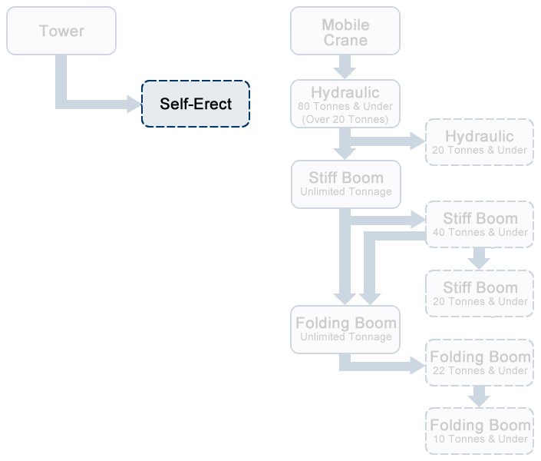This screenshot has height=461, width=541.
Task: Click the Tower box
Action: [x=61, y=31]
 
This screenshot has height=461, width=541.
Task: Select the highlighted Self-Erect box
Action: [x=196, y=104]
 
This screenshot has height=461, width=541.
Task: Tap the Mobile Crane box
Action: [x=345, y=31]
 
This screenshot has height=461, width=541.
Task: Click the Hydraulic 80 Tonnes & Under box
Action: [x=345, y=104]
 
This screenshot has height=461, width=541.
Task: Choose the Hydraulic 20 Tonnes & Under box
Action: [x=480, y=142]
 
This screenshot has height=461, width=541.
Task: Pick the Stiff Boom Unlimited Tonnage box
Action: [x=345, y=184]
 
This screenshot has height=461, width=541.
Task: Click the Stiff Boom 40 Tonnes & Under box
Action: [x=480, y=224]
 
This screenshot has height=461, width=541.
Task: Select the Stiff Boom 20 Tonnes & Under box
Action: [x=480, y=294]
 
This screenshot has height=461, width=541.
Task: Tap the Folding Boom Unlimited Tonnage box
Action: [x=345, y=329]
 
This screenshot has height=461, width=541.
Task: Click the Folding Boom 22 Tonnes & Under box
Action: [x=480, y=363]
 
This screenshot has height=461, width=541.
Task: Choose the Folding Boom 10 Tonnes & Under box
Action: [x=480, y=431]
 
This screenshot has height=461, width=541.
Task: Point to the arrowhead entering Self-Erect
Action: [x=134, y=104]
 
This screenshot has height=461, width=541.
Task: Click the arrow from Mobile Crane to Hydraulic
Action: [x=345, y=67]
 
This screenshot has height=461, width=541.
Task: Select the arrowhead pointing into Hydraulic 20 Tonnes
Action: [x=418, y=141]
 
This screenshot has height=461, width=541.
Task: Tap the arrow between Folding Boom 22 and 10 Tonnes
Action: [x=480, y=396]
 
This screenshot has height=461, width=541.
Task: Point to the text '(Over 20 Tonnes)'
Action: [x=345, y=119]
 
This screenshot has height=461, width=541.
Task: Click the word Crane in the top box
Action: [x=345, y=40]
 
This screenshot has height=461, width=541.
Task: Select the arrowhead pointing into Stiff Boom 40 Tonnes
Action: [x=418, y=219]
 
